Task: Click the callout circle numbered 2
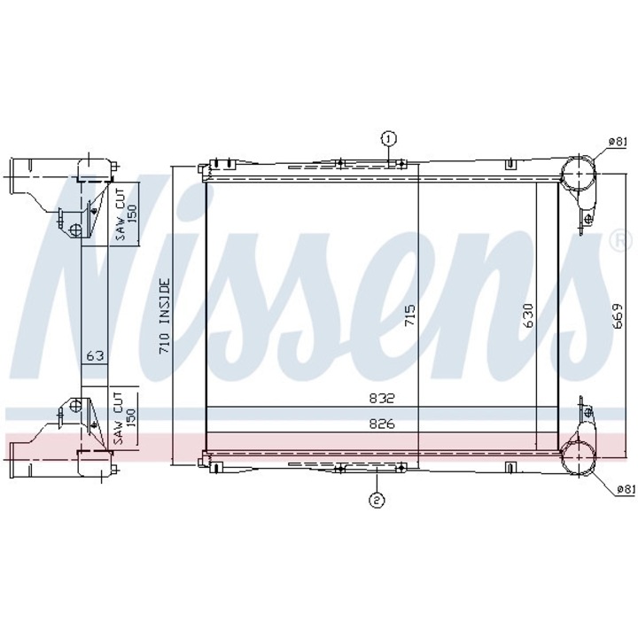377,501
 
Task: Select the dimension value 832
380,399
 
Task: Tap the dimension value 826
380,424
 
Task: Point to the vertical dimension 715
408,317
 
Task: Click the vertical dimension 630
527,317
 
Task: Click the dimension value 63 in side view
95,356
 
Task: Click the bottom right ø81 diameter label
625,488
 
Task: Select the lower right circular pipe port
579,458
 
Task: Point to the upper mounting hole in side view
76,230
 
